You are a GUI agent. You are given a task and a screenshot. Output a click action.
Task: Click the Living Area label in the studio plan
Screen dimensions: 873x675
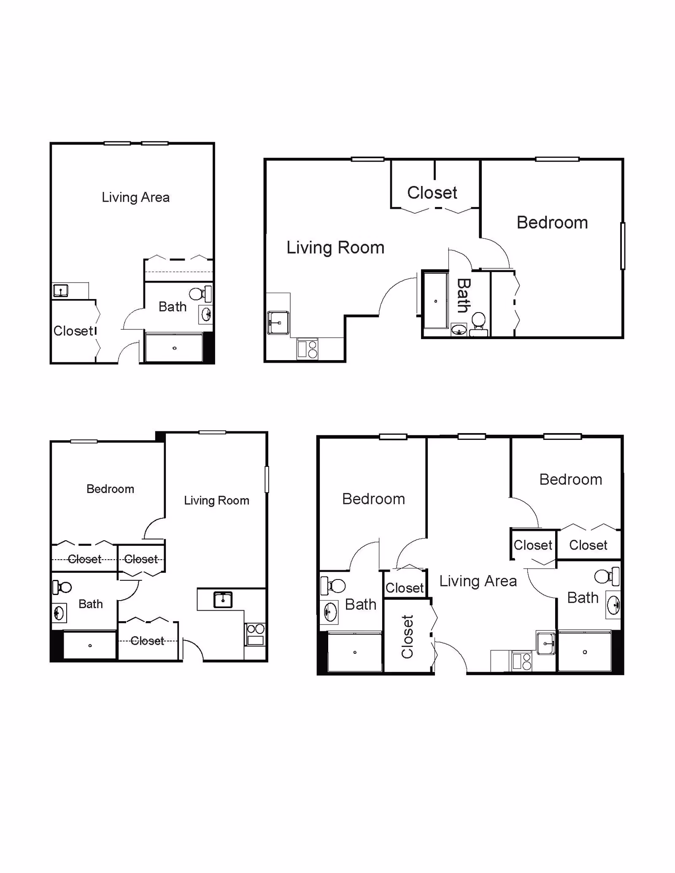coord(135,197)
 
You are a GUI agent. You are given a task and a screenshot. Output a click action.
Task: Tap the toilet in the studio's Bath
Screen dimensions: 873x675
coord(197,294)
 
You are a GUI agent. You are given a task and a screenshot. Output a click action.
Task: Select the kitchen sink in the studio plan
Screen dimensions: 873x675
coord(61,291)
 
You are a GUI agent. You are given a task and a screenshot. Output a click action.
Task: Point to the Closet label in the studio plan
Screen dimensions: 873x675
coord(73,331)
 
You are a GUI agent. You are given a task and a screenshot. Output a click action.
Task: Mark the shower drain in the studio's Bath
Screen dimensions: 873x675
coord(174,348)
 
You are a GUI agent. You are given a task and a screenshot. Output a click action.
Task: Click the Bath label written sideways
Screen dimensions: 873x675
coord(464,295)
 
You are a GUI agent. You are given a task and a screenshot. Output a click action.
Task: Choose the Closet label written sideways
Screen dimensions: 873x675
coord(408,637)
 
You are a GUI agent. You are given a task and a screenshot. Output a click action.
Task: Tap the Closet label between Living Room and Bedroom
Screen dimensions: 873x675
coord(432,193)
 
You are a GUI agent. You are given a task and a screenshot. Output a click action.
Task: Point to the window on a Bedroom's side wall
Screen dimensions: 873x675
coord(622,246)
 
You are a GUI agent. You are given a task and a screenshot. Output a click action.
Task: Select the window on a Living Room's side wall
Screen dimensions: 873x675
coord(267,479)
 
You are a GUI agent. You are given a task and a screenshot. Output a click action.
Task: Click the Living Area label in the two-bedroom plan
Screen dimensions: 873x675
coord(478,581)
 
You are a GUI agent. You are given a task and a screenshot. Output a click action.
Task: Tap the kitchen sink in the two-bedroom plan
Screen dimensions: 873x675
coord(545,644)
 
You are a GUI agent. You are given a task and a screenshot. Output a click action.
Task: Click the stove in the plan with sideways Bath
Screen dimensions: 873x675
coord(308,349)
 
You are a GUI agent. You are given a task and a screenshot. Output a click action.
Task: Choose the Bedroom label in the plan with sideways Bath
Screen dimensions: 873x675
coord(552,223)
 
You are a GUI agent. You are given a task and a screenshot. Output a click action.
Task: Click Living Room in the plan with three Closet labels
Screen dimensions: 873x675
coord(216,501)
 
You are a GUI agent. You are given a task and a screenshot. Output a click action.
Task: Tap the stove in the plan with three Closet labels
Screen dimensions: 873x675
coord(255,634)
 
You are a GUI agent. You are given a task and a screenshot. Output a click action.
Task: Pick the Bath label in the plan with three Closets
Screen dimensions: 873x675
coord(91,604)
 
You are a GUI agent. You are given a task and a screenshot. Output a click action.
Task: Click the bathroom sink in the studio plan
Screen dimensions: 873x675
coord(206,314)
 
